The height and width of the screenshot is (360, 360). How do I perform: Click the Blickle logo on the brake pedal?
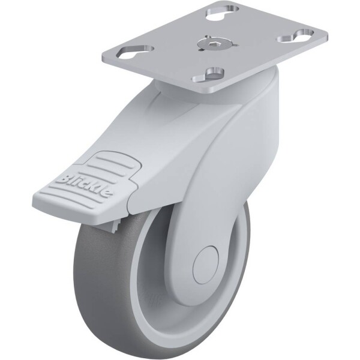pos(83,185)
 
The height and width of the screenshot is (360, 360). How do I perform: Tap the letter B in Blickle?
pos(62,179)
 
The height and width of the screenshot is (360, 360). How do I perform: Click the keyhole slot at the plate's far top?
pos(223,13)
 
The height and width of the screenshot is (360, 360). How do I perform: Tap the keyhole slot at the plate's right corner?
pos(295,36)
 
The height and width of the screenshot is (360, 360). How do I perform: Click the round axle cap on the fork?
pos(205,265)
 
